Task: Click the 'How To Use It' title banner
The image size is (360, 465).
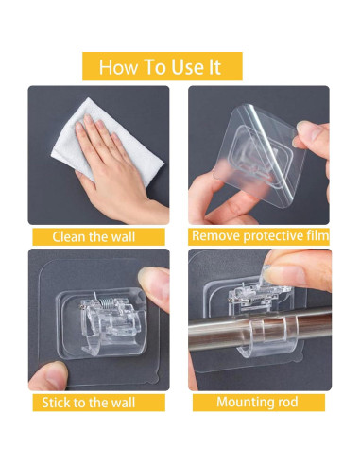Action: click(x=163, y=66)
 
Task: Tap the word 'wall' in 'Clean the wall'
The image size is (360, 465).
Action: click(x=123, y=236)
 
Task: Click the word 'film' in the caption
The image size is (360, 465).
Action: click(x=317, y=235)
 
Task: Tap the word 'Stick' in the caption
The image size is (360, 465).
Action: click(x=56, y=403)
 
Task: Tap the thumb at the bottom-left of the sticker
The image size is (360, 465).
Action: click(x=50, y=376)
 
